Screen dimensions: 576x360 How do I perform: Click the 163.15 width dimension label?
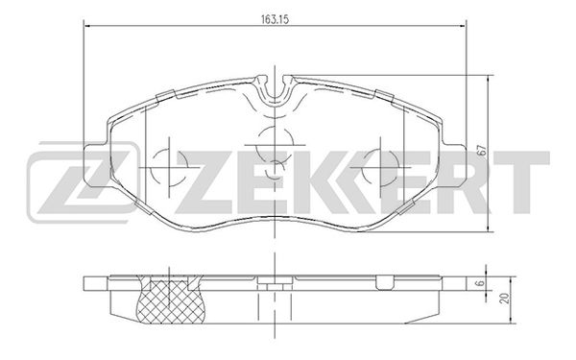click(275, 19)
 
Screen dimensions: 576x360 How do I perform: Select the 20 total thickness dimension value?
click(506, 298)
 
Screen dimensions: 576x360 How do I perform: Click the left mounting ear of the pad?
click(95, 165)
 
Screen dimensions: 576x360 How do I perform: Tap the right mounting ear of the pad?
click(454, 165)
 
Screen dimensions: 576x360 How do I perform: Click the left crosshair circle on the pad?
click(169, 167)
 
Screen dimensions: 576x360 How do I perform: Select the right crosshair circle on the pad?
click(380, 167)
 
